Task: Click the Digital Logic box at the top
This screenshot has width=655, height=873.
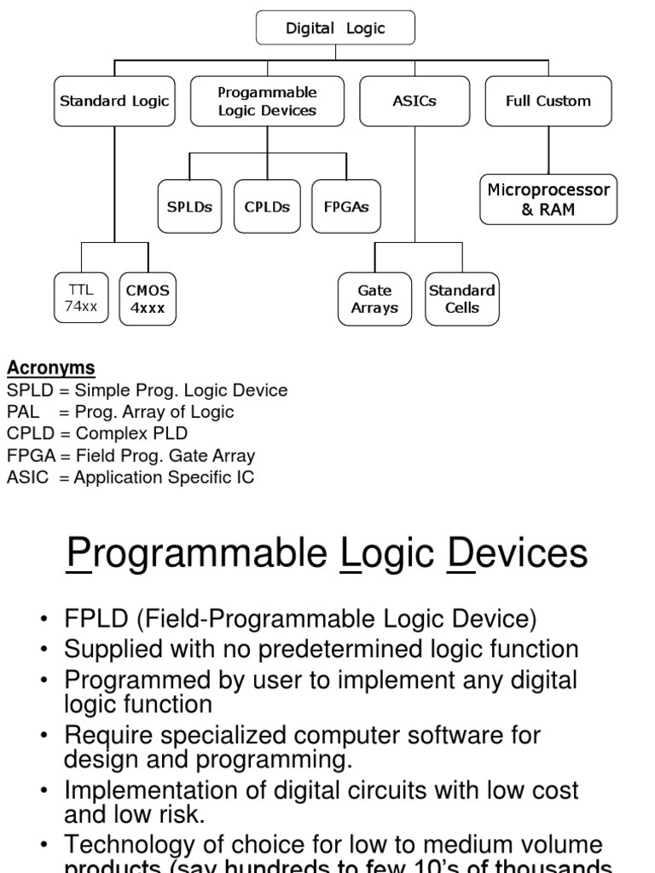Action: click(x=335, y=28)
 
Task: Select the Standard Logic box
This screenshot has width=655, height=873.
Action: click(x=113, y=101)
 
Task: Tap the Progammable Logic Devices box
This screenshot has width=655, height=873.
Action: click(x=267, y=101)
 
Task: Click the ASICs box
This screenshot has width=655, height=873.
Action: click(x=414, y=101)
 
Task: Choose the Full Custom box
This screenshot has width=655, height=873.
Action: click(x=548, y=101)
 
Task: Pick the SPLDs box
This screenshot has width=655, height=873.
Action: click(x=189, y=206)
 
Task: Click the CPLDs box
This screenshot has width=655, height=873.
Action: click(x=267, y=206)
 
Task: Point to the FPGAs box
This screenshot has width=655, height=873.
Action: click(x=345, y=206)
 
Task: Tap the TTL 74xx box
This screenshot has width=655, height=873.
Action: click(x=82, y=298)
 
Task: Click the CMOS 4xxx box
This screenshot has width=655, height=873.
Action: click(x=148, y=298)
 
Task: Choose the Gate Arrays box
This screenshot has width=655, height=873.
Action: click(x=374, y=299)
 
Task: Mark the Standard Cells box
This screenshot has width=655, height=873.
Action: click(x=462, y=299)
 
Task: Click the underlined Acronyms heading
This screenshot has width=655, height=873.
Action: click(x=51, y=368)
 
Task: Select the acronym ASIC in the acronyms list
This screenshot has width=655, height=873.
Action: click(x=27, y=477)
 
